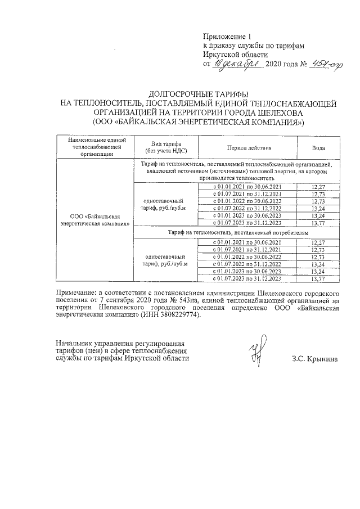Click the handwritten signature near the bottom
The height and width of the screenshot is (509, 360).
(x=258, y=350)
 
